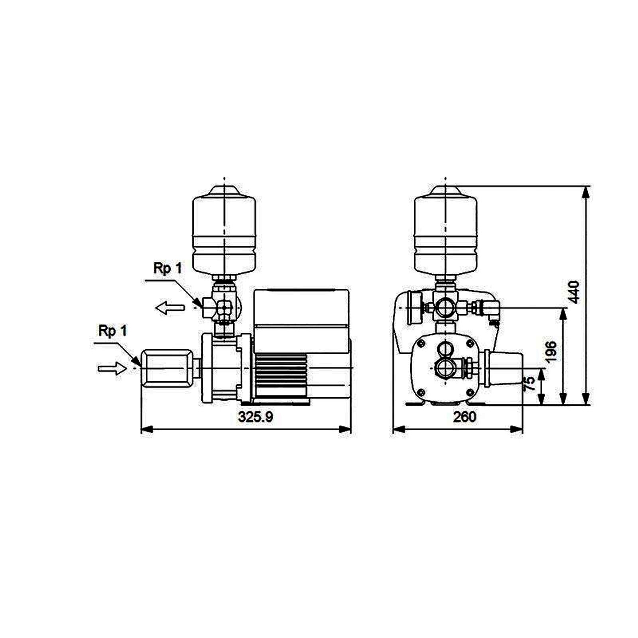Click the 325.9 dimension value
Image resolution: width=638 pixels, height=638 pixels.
point(256,417)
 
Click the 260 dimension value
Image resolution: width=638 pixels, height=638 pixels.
point(465,417)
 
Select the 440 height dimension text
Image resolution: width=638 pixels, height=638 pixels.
point(574,292)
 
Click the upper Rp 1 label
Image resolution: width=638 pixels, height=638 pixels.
point(167,269)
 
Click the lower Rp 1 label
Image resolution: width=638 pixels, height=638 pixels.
point(113,331)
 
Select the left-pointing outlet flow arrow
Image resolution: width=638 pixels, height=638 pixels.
point(170,308)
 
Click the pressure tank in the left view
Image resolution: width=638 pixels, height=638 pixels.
point(224,233)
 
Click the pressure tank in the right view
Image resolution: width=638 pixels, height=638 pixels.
point(445,233)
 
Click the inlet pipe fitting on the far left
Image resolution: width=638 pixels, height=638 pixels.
point(167,368)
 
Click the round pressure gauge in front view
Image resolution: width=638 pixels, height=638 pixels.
point(413,307)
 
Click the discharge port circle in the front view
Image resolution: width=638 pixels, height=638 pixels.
point(445,307)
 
